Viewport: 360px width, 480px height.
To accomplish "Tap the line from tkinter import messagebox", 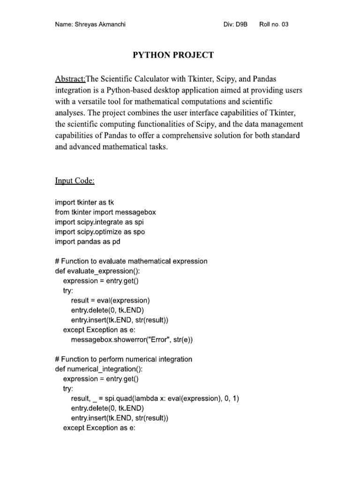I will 105,212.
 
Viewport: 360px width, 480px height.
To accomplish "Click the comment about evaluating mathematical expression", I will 131,261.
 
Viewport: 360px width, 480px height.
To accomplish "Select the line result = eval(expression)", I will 111,300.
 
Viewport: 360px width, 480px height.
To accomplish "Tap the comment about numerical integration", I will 124,359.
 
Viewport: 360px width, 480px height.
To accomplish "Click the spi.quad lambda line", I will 156,398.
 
